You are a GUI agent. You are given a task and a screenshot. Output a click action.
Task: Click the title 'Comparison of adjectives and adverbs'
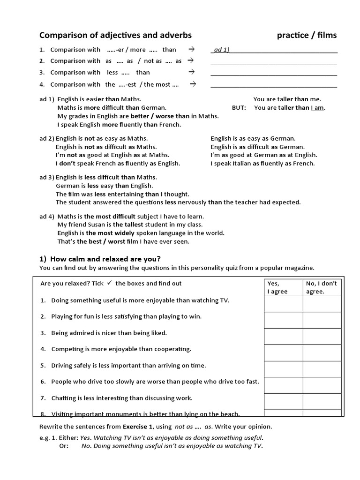[x=115, y=35]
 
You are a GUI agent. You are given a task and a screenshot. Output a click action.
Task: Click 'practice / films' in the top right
[x=307, y=35]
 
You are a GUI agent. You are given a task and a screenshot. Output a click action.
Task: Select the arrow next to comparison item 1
[x=191, y=49]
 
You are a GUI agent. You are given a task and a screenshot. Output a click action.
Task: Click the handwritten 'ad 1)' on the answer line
[x=221, y=50]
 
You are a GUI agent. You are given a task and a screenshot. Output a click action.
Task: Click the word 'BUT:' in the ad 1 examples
[x=239, y=107]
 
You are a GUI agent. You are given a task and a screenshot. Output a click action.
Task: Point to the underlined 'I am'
[x=317, y=107]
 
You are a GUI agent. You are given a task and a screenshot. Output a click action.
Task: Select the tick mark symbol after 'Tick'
[x=109, y=283]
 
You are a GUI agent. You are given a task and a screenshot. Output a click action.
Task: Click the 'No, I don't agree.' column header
[x=322, y=287]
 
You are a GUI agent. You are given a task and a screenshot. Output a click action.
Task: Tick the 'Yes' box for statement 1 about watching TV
[x=283, y=304]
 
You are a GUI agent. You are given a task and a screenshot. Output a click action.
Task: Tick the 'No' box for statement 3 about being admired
[x=322, y=336]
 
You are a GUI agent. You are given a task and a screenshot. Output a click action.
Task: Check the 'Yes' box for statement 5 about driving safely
[x=283, y=369]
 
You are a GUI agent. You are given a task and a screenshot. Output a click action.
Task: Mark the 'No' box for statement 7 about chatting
[x=322, y=401]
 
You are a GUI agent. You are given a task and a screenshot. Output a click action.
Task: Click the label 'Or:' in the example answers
[x=63, y=446]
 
